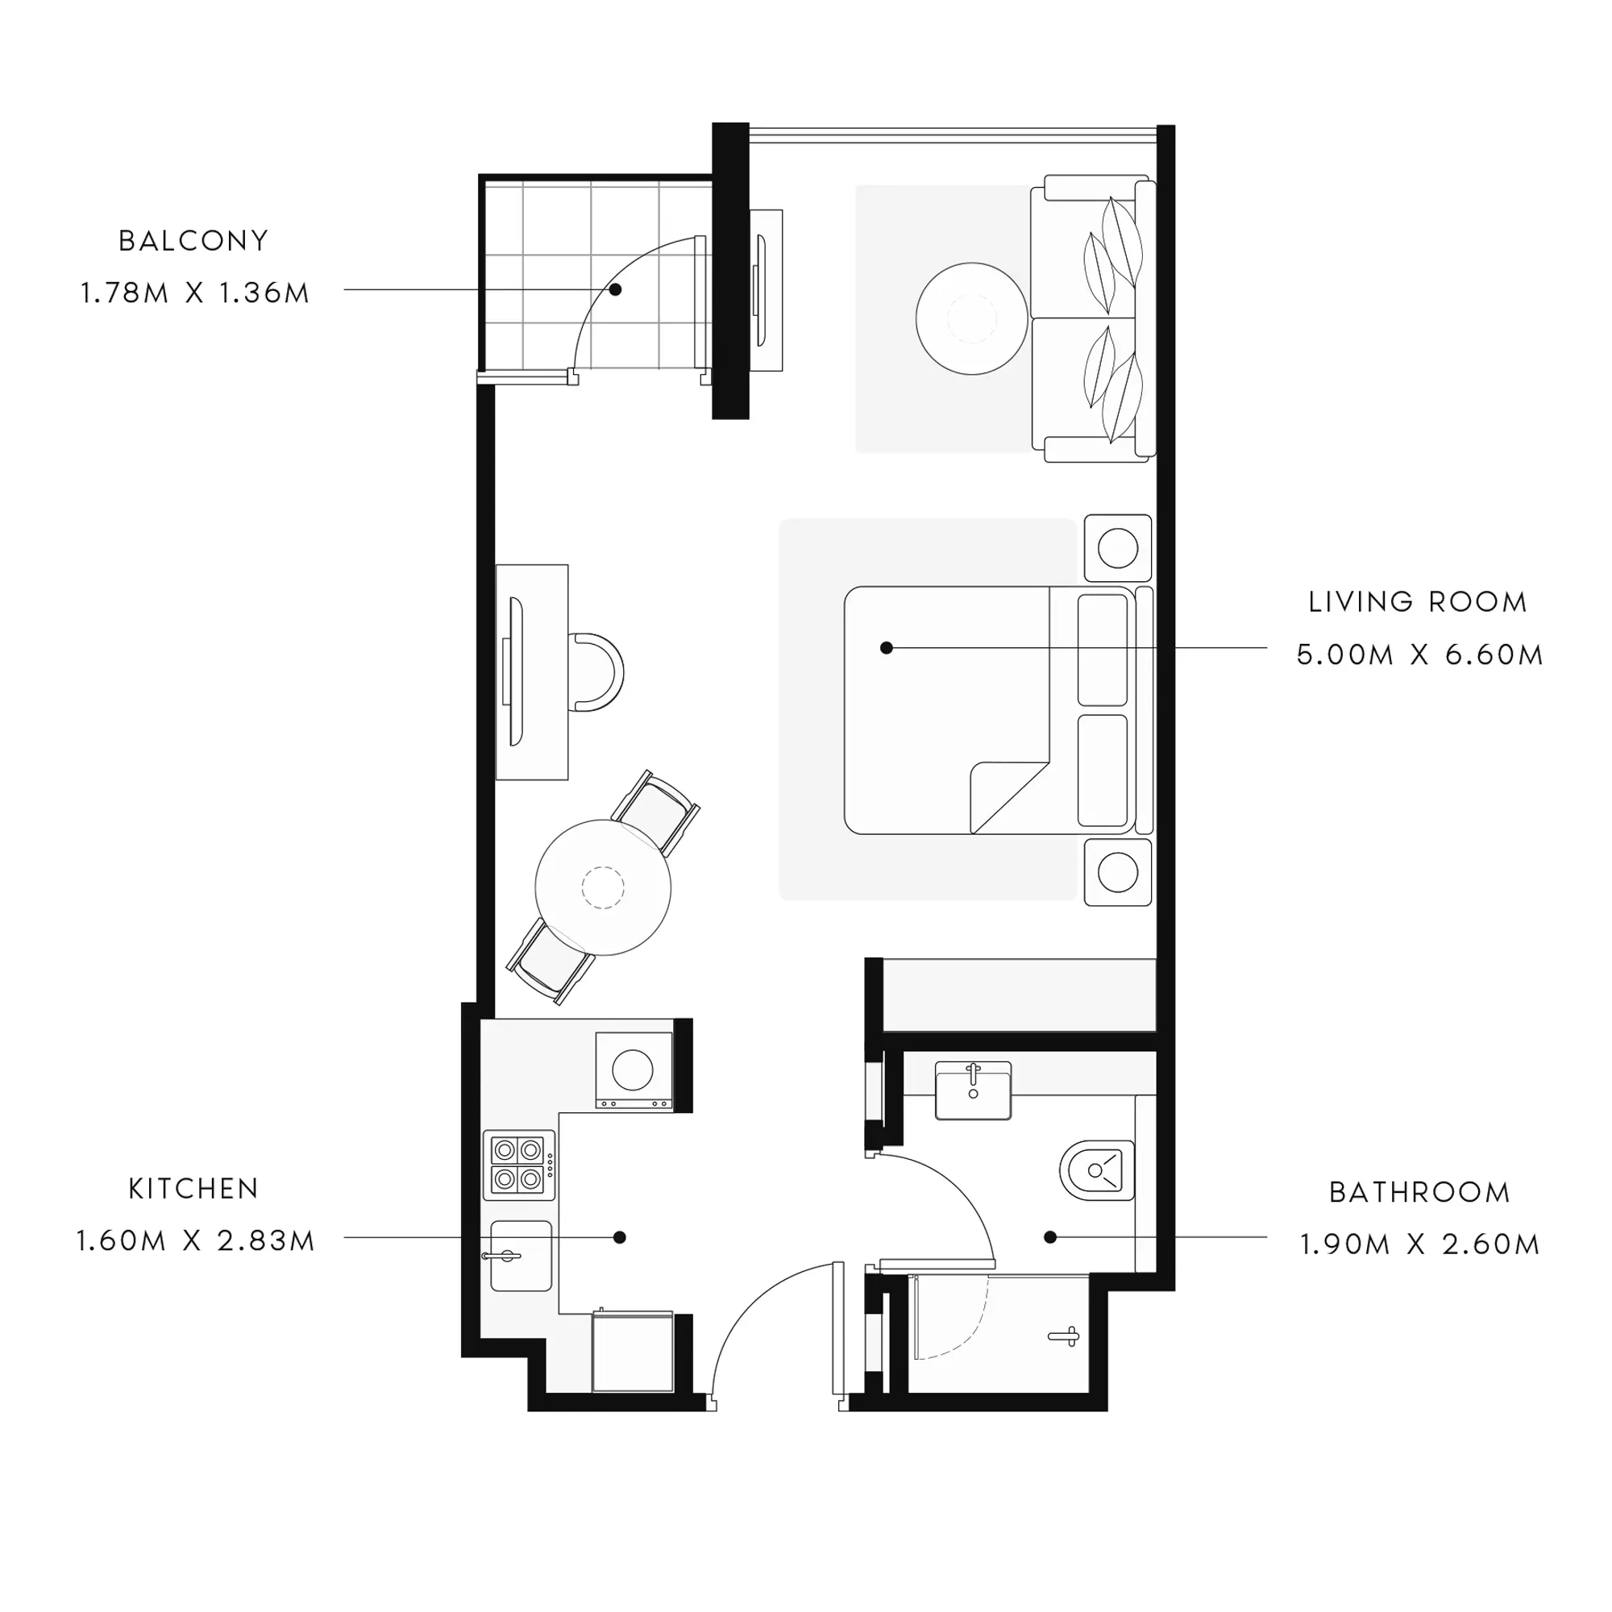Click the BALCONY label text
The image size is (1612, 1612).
point(193,241)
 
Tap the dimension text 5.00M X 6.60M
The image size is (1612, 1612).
point(1419,655)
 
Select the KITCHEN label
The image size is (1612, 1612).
point(193,1189)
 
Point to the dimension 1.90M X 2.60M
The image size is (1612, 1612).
point(1419,1245)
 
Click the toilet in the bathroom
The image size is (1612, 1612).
point(1097,1170)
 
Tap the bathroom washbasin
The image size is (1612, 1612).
point(973,1090)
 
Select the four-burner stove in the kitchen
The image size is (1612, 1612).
point(519,1165)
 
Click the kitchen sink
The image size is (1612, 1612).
point(521,1256)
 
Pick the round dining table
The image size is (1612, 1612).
point(602,887)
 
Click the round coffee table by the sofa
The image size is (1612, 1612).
point(972,318)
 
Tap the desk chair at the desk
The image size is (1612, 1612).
point(596,672)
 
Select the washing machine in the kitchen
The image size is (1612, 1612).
point(634,1070)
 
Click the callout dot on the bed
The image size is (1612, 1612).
point(887,647)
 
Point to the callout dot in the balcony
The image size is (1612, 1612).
point(615,289)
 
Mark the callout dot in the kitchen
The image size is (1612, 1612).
point(619,1237)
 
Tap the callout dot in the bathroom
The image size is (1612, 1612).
point(1050,1237)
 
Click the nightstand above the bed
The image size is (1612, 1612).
point(1118,548)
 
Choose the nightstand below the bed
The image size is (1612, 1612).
point(1118,873)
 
